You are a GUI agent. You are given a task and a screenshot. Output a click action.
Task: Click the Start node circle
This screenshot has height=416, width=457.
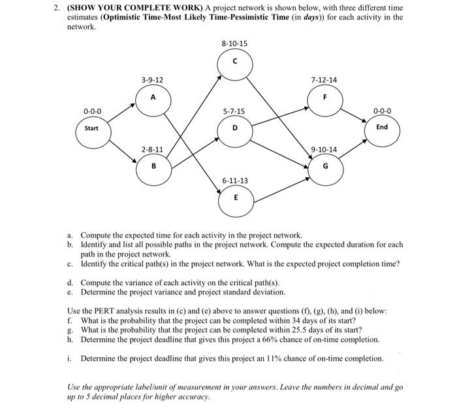(x=91, y=128)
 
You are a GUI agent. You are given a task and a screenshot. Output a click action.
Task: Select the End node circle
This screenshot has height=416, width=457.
(x=382, y=127)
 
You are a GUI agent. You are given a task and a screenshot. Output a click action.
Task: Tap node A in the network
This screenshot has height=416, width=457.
(x=152, y=99)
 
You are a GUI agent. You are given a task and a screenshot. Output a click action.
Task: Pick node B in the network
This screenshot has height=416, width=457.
(x=153, y=166)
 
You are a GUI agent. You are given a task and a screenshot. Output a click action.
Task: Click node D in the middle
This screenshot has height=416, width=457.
(x=234, y=128)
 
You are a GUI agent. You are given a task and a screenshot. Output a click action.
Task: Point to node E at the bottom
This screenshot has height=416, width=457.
(x=235, y=196)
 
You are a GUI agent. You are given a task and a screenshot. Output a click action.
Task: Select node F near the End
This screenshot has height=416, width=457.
(x=324, y=99)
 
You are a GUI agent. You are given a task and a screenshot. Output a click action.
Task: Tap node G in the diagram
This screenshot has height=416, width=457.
(x=324, y=166)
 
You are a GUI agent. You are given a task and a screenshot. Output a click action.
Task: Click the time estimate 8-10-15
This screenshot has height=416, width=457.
(x=234, y=43)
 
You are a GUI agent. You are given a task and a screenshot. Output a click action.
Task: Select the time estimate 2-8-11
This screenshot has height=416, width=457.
(x=152, y=150)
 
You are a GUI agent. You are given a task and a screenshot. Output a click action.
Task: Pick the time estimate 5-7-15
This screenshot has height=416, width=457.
(x=234, y=111)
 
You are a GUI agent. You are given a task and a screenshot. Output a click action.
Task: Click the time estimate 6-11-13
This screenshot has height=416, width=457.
(x=235, y=179)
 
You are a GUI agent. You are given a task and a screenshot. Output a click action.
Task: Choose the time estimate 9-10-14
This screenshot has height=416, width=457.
(x=324, y=150)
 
